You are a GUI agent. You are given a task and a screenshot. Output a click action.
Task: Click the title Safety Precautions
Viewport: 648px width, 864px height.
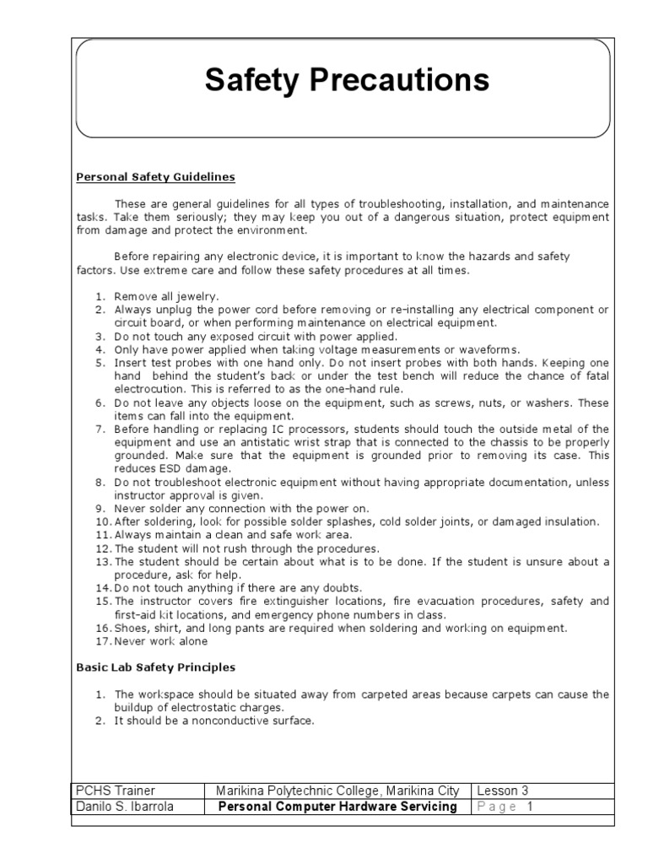click(347, 81)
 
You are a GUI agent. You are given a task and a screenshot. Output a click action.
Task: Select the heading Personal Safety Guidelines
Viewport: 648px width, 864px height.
click(155, 177)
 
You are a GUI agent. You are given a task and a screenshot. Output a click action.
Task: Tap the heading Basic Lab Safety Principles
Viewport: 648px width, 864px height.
click(155, 667)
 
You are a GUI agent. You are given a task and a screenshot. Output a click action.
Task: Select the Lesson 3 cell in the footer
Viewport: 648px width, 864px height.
click(503, 791)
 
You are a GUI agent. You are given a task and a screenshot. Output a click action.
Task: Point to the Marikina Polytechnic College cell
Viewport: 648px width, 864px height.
click(337, 791)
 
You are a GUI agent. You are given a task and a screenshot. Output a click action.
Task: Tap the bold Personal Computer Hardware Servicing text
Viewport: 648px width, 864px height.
click(337, 806)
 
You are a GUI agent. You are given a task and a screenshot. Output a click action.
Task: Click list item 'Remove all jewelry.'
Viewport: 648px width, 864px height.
click(166, 296)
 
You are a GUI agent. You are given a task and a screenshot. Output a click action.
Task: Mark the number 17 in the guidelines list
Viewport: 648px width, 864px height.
click(102, 641)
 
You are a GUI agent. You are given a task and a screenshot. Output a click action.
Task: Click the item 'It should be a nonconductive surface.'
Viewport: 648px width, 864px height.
click(213, 721)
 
